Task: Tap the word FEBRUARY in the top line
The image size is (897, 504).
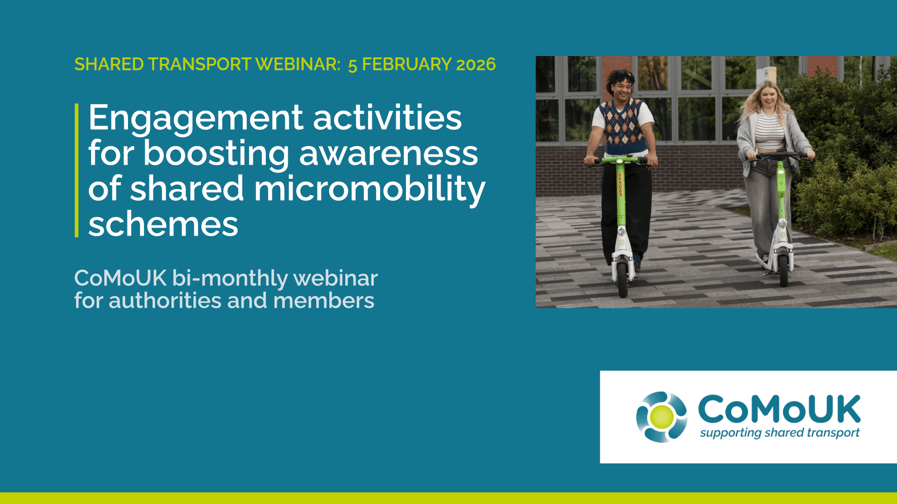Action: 406,64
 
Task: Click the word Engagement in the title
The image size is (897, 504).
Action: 195,119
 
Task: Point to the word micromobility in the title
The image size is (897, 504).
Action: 369,189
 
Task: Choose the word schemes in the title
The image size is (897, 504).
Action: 163,224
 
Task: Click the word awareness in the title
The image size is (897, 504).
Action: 388,154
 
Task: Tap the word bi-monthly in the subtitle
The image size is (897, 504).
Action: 230,279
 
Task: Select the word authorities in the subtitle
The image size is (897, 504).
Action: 164,301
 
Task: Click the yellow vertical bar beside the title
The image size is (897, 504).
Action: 77,170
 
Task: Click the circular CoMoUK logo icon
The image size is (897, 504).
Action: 662,417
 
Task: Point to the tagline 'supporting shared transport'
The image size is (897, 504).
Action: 780,433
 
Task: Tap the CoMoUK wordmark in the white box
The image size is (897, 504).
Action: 779,409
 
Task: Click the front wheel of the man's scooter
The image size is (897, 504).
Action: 623,277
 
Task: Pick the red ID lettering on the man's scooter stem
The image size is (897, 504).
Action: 620,185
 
